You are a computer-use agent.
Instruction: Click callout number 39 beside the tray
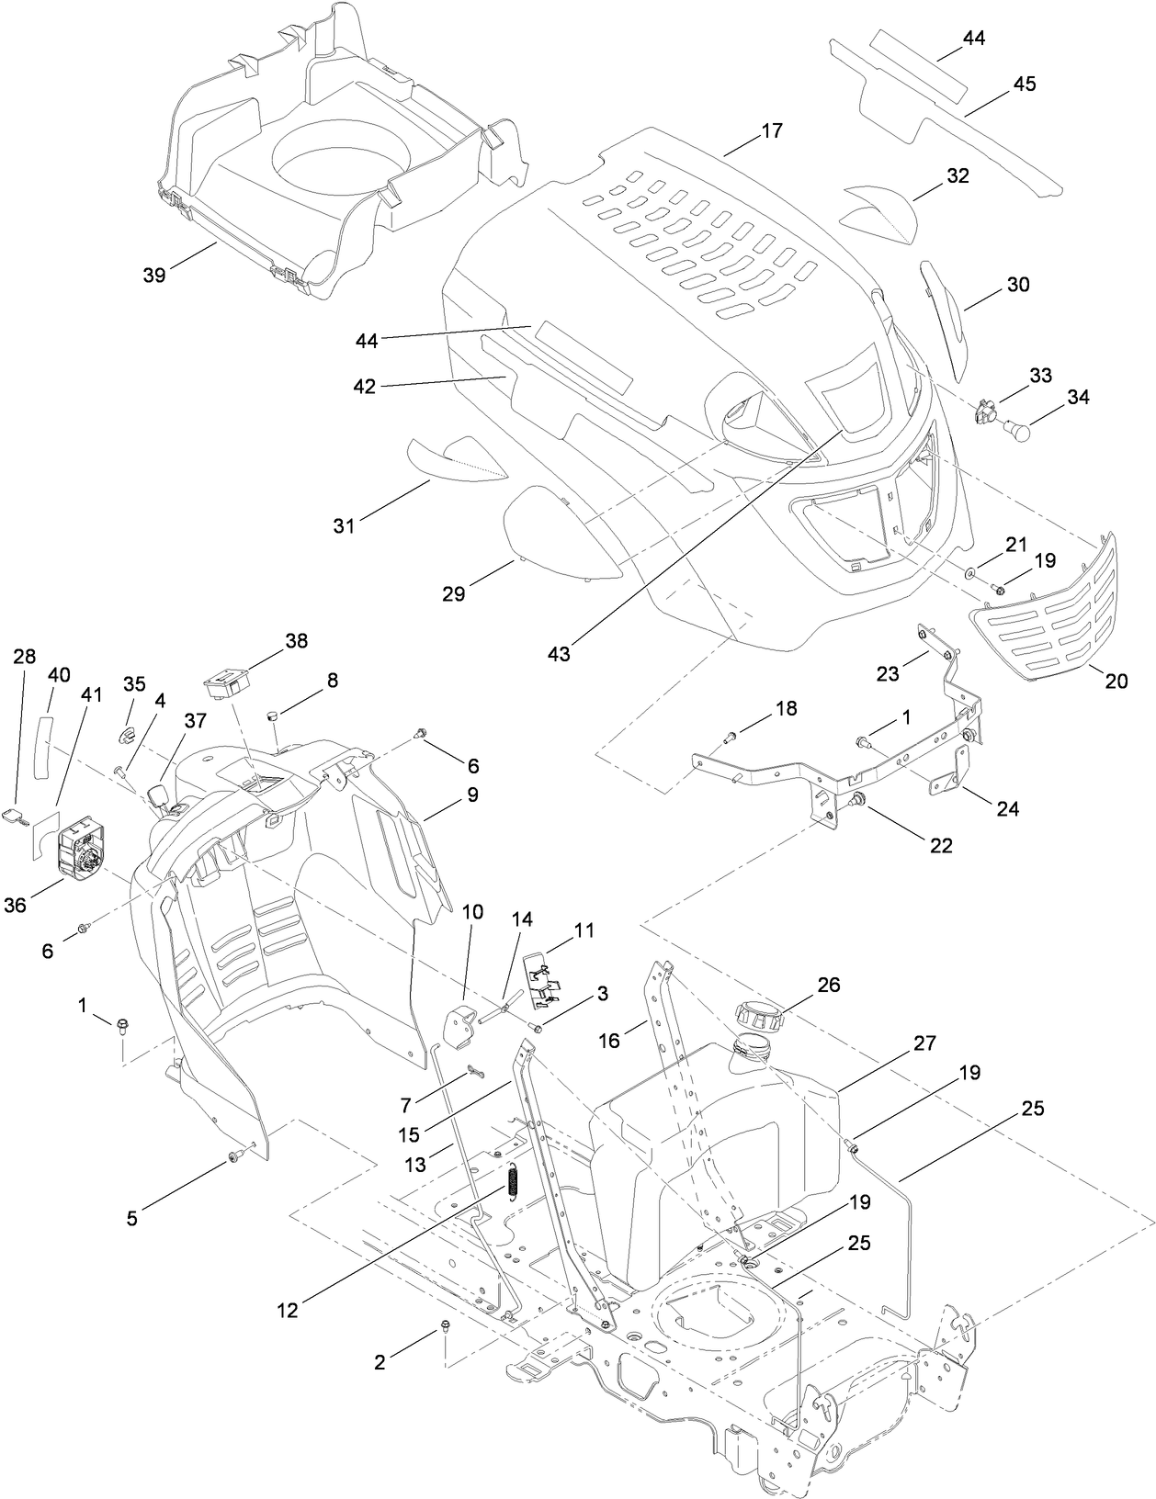tap(154, 274)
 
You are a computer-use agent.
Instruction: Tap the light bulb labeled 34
tap(1014, 427)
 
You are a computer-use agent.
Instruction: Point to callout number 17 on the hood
tap(772, 130)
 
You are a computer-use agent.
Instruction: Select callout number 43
tap(559, 654)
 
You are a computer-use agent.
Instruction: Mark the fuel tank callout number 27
tap(924, 1043)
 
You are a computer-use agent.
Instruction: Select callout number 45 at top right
tap(1024, 84)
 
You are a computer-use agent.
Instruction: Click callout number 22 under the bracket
tap(940, 845)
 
